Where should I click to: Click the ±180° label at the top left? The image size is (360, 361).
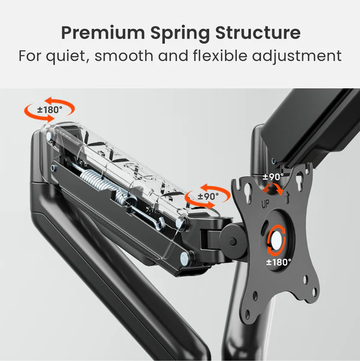tap(50, 110)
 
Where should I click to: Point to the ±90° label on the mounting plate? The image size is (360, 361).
tap(273, 177)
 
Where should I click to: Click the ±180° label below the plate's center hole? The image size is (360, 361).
tap(279, 262)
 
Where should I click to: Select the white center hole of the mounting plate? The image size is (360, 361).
tap(277, 237)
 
